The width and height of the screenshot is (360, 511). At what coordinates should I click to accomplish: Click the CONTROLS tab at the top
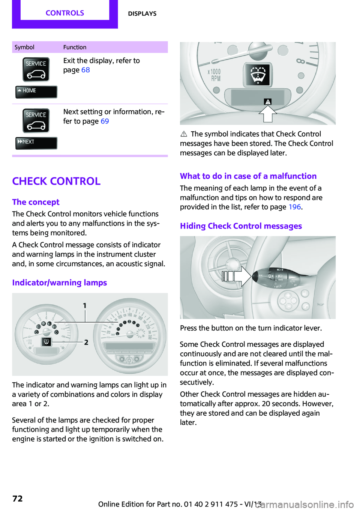pos(65,13)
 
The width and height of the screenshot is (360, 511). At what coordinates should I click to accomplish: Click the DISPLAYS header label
pos(142,14)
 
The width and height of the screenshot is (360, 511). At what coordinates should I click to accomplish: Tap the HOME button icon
pos(36,91)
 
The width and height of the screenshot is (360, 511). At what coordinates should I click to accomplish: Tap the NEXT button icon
pos(36,143)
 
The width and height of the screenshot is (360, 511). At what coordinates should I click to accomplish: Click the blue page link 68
pos(85,70)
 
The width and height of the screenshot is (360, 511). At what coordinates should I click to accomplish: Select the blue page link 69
pos(105,121)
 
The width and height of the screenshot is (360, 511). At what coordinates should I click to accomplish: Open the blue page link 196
pos(294,207)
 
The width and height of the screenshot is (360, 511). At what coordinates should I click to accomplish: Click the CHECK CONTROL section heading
pos(56,181)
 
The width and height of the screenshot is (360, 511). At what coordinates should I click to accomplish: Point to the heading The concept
pos(36,202)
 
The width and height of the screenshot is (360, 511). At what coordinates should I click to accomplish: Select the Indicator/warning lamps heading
pos(60,283)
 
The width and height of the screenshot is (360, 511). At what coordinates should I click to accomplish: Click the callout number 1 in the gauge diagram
pos(85,306)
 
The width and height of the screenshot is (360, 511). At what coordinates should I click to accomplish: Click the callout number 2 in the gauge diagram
pos(86,342)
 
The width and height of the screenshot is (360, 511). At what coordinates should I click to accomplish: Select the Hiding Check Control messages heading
pos(241,226)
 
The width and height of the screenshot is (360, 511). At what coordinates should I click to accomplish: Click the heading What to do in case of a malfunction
pos(248,176)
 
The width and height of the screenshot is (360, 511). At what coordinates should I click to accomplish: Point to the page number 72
pos(18,499)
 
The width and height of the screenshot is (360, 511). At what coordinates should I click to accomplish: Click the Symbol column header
pos(24,47)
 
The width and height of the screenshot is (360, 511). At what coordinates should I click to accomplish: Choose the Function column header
pos(75,47)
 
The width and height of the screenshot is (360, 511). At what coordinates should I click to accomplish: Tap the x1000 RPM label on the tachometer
pos(214,75)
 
